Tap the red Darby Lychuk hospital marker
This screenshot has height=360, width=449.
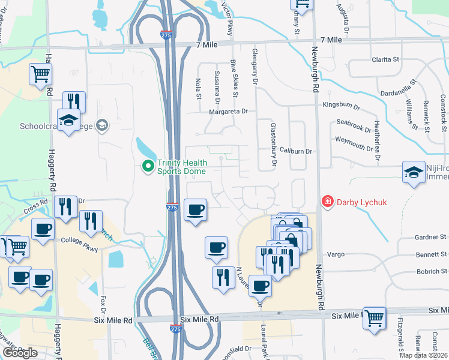pyautogui.click(x=327, y=202)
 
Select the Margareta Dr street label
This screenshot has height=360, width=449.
pyautogui.click(x=228, y=112)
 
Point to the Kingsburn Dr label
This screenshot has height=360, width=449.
pyautogui.click(x=342, y=105)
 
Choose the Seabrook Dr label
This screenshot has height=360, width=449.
pyautogui.click(x=354, y=127)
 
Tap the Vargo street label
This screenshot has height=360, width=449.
pyautogui.click(x=336, y=254)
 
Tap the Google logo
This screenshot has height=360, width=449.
pyautogui.click(x=20, y=353)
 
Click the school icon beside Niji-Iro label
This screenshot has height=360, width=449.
pyautogui.click(x=414, y=172)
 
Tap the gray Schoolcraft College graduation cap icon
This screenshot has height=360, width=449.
pyautogui.click(x=103, y=125)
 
